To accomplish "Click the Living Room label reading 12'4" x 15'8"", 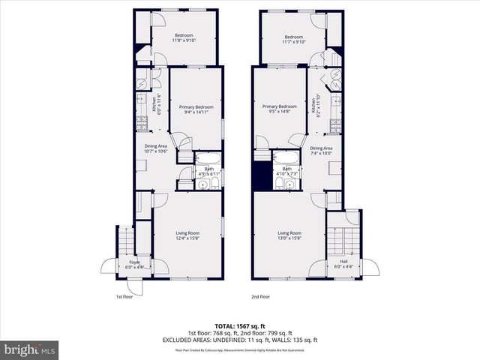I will (x=188, y=235).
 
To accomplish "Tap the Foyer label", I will (x=133, y=264).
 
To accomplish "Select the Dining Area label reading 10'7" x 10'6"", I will (x=156, y=148).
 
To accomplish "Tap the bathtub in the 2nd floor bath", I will (x=284, y=157).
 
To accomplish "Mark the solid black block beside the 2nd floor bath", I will (x=261, y=177).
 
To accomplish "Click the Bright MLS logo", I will (x=30, y=349).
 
